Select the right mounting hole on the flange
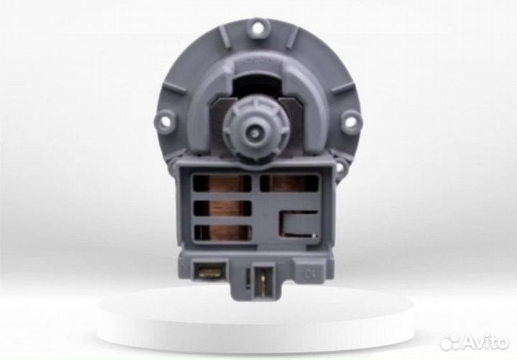[x=350, y=121]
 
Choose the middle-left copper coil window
[x=221, y=208]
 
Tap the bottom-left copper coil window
[x=221, y=232]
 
